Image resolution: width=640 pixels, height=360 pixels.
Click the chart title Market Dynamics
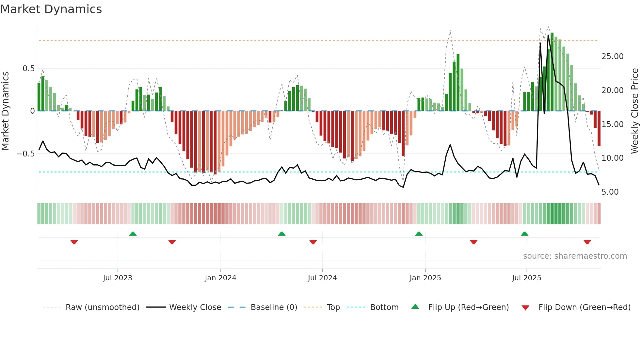click(51, 9)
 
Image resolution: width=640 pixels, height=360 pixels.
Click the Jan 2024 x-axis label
click(220, 278)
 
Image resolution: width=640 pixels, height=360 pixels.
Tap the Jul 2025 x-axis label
click(526, 278)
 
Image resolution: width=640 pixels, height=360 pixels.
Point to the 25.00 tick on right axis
click(612, 57)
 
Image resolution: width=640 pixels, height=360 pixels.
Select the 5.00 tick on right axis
click(610, 192)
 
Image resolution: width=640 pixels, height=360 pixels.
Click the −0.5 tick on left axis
click(26, 154)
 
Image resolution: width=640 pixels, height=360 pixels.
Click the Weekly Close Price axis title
click(634, 111)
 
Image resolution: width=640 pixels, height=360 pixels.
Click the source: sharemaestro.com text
click(575, 256)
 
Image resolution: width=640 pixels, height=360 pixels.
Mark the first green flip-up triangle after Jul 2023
click(133, 234)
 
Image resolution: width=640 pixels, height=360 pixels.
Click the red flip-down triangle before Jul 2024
click(313, 242)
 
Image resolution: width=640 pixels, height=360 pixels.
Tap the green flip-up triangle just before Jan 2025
click(419, 234)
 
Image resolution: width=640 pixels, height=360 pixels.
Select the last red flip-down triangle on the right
click(587, 242)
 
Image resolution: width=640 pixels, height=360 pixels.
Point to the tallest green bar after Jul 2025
click(552, 72)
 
